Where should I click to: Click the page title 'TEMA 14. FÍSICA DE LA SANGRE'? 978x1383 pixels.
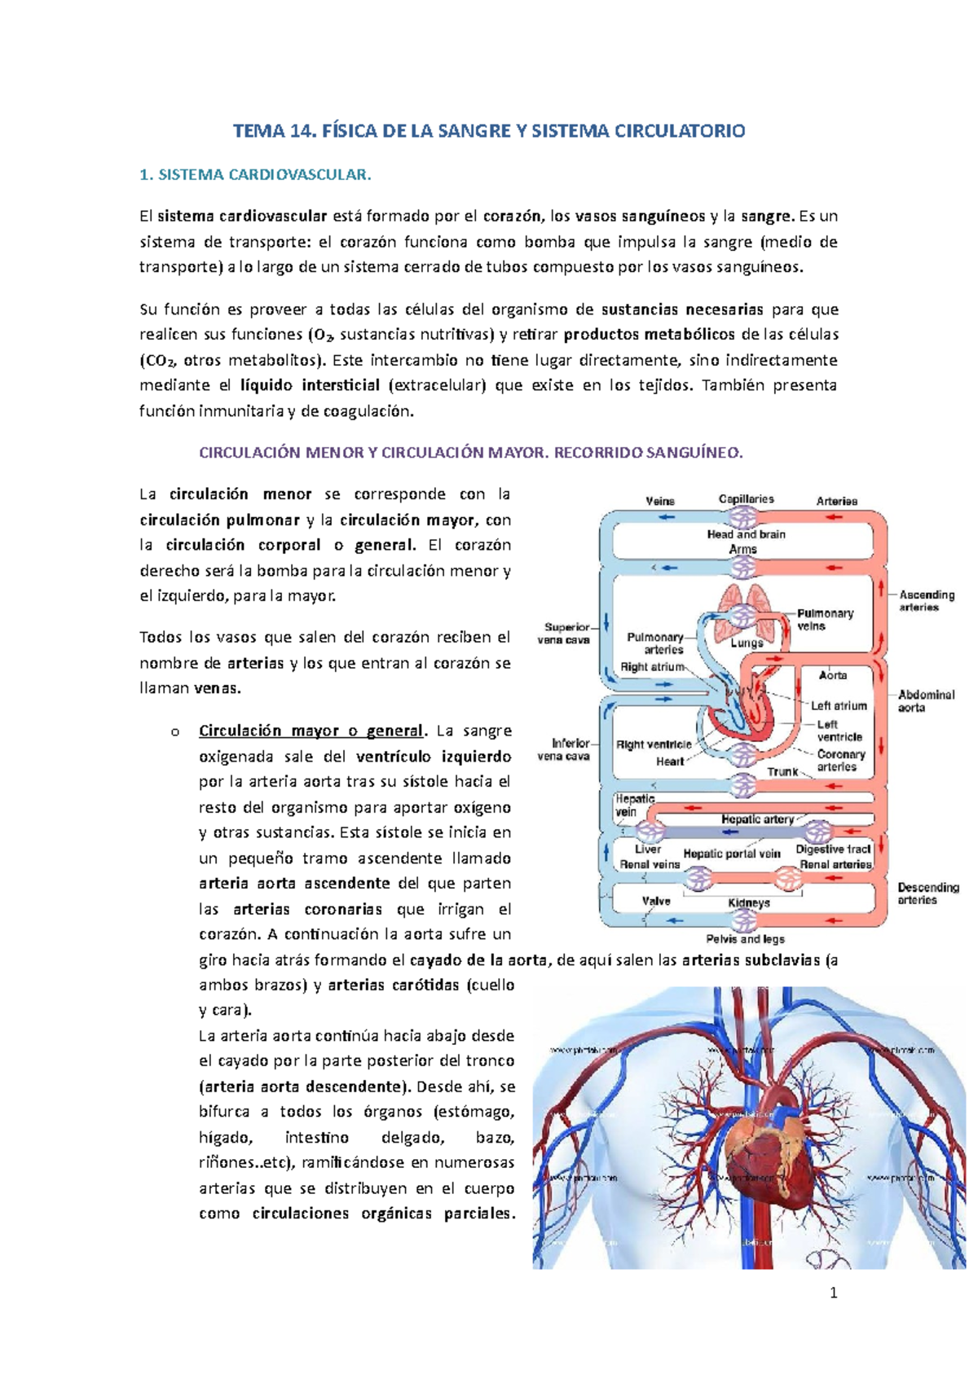tap(489, 131)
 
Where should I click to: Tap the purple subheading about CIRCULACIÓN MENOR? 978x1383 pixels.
tap(471, 453)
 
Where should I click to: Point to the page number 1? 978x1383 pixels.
tap(833, 1293)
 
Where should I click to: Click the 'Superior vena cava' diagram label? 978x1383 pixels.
tap(566, 634)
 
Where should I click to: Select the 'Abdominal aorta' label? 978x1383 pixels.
tap(925, 701)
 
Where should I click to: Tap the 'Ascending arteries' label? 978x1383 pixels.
tap(926, 601)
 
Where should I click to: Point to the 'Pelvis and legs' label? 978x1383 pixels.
tap(745, 939)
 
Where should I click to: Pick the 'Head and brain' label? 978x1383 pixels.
tap(745, 534)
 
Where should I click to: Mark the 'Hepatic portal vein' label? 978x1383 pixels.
tap(731, 854)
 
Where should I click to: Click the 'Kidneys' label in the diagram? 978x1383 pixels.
tap(748, 903)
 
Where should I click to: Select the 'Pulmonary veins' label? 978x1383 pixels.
tap(824, 620)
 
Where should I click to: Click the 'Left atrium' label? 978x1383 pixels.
tap(838, 706)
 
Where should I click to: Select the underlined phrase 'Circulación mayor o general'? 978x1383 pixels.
tap(311, 731)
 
